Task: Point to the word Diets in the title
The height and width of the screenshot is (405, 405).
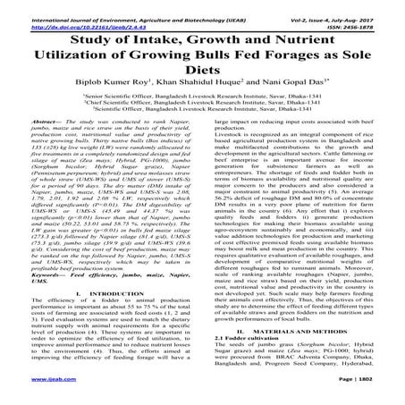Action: click(202, 71)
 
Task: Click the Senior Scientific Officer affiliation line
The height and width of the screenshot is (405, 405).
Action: click(202, 104)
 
